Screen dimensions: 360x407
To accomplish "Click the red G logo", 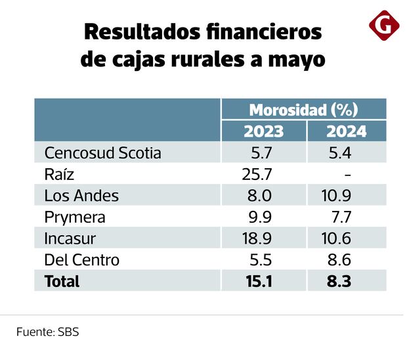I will [384, 26].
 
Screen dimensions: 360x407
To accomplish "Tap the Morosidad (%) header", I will [303, 109].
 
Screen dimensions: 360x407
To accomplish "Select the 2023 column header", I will [264, 131].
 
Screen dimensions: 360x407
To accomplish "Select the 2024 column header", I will [347, 131].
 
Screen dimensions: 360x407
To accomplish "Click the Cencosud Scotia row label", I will [102, 153].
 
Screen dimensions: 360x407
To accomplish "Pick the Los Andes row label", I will [81, 196].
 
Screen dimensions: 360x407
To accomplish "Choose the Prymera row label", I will [75, 217].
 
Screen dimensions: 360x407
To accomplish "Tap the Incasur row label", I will [71, 238].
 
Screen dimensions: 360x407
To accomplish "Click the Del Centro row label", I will [81, 259].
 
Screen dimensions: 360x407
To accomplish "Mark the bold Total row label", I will [62, 281].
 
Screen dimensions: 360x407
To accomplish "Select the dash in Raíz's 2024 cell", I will [347, 175].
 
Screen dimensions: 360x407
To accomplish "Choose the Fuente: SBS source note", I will [47, 332].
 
